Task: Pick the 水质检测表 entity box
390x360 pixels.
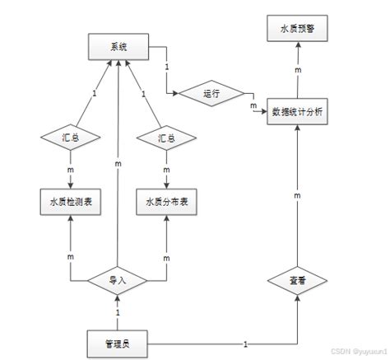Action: (71, 202)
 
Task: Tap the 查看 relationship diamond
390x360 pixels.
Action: (299, 281)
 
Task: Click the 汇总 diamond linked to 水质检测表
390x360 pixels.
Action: (71, 138)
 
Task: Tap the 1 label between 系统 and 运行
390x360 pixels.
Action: (168, 67)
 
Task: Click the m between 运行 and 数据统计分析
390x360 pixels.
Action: (253, 105)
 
